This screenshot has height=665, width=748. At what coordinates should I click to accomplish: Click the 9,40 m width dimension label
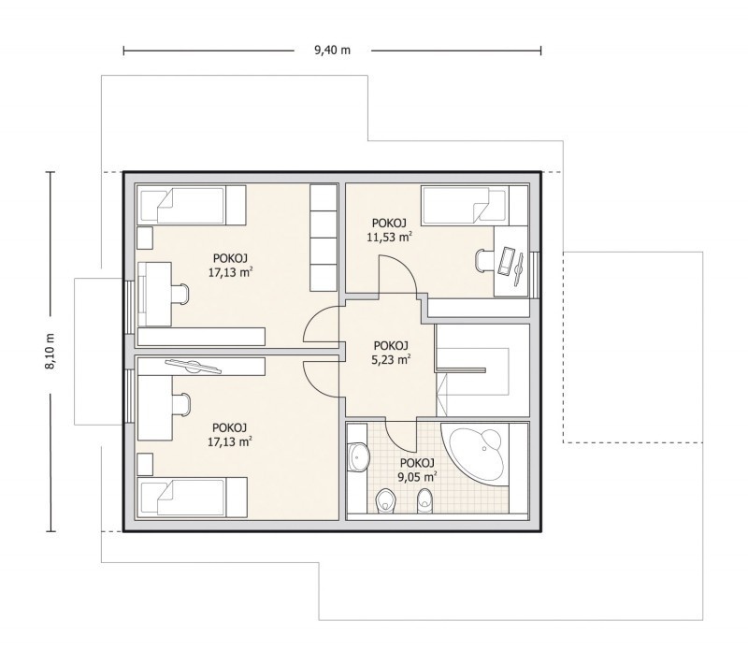coord(332,51)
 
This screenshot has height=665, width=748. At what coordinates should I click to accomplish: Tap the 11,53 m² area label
coord(389,237)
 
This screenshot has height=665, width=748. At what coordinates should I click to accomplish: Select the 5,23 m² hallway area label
coord(391,359)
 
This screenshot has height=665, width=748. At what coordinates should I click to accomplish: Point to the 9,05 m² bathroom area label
coord(417,476)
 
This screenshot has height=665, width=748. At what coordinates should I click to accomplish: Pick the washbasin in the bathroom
coord(358,456)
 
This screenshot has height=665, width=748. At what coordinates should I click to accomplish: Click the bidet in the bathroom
coord(424,502)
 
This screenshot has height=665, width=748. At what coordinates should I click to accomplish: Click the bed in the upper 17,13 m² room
coord(192,205)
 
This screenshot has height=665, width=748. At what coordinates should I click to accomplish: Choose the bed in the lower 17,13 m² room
coord(192,497)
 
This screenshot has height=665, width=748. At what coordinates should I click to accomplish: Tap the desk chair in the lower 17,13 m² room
coord(180,405)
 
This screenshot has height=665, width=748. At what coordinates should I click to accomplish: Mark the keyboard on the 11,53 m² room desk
coord(505,260)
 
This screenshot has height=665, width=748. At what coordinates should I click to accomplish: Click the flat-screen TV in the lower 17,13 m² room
coord(194,366)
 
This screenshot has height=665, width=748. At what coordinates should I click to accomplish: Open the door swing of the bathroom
coord(400,437)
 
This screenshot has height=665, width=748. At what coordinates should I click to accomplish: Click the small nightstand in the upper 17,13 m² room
coord(145,239)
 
